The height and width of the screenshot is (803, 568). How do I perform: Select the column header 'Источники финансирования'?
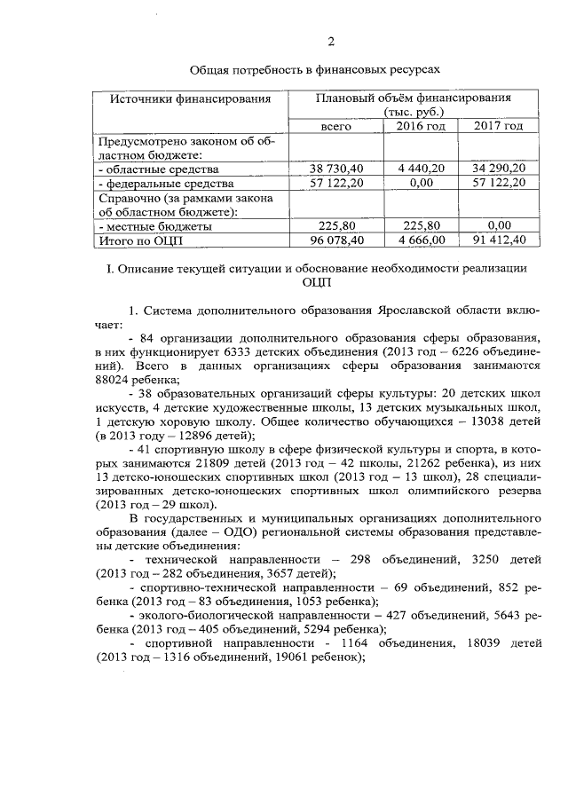click(190, 98)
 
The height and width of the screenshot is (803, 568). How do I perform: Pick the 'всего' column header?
click(337, 127)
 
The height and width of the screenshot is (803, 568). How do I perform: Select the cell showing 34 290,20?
click(498, 169)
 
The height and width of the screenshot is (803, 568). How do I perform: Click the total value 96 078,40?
click(337, 239)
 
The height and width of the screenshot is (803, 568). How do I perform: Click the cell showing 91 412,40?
click(498, 239)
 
